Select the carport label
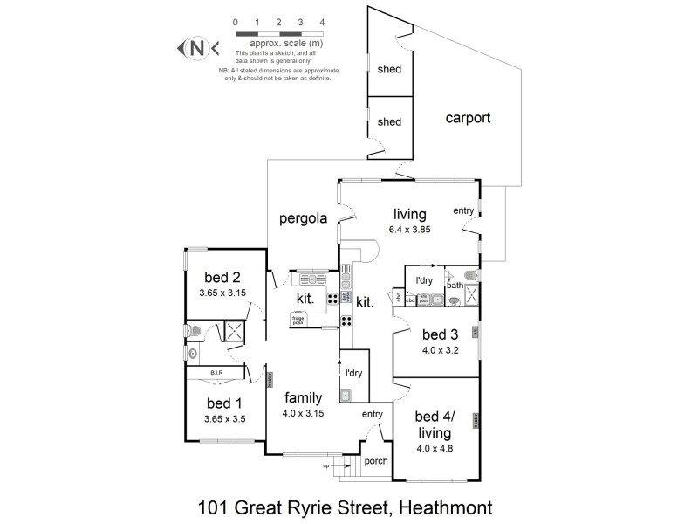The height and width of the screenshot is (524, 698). [x=468, y=118]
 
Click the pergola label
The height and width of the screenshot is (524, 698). [x=302, y=219]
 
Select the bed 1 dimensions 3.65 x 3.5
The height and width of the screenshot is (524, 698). [x=225, y=418]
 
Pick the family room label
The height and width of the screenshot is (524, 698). [x=303, y=398]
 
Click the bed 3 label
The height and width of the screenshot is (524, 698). [x=439, y=334]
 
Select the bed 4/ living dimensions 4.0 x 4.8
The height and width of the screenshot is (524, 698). [x=434, y=449]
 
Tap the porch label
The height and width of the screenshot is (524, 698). [x=376, y=462]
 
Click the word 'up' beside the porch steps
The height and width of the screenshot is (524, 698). [x=326, y=465]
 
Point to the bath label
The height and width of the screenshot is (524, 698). [x=455, y=285]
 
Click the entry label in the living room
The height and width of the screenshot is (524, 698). [x=462, y=210]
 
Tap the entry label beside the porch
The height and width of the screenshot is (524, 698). [x=373, y=414]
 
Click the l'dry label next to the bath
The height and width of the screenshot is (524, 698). [x=425, y=279]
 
